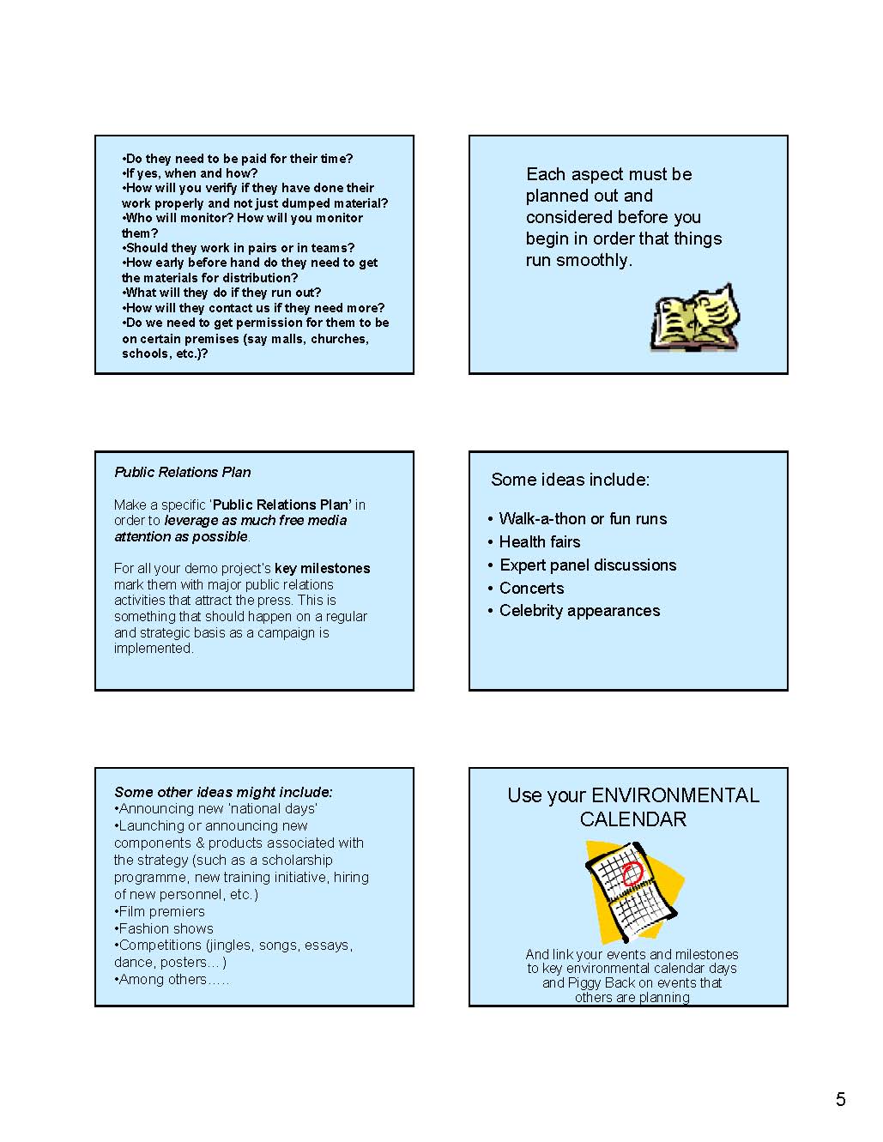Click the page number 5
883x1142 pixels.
tap(840, 1099)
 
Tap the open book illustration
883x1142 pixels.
tap(695, 318)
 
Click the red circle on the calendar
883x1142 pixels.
tap(632, 873)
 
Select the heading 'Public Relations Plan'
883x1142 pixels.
tap(182, 472)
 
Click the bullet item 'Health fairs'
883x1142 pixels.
tap(539, 541)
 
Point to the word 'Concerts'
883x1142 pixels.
tap(531, 588)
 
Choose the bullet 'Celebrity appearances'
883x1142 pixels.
tap(579, 610)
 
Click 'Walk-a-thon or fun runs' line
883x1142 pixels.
tap(583, 518)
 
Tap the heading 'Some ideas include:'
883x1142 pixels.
tap(570, 480)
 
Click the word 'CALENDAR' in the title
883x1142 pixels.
tap(632, 819)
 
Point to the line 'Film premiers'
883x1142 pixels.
tap(161, 911)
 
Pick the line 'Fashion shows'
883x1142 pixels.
tap(166, 928)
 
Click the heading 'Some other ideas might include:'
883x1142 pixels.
tap(223, 792)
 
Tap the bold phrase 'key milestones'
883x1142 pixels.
tap(322, 568)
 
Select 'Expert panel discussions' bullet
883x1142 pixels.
tap(588, 565)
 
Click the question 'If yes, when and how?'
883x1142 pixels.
tap(191, 173)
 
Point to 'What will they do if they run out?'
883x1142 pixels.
tap(223, 293)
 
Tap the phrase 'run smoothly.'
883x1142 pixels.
tap(578, 260)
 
